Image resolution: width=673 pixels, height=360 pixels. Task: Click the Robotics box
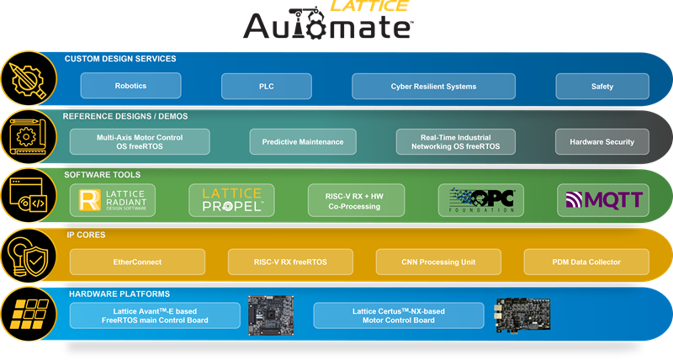(x=130, y=86)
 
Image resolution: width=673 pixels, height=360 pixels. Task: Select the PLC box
(x=266, y=86)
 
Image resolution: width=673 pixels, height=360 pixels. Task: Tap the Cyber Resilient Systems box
(x=433, y=86)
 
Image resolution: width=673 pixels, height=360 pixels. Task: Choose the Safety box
(x=601, y=86)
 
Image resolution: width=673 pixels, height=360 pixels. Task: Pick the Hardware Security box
(x=601, y=142)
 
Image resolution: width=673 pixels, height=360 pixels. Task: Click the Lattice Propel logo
(x=231, y=199)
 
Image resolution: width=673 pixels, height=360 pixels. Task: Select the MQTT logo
(x=603, y=199)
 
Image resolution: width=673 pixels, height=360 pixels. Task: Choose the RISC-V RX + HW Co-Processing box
(x=356, y=199)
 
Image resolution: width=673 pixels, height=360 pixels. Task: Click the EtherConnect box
(x=137, y=262)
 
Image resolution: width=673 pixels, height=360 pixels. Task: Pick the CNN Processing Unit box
(x=432, y=262)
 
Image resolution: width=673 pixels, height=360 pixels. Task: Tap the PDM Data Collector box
(x=586, y=262)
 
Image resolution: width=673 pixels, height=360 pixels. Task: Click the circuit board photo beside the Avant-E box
(x=270, y=315)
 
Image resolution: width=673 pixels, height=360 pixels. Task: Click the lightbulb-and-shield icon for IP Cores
(x=25, y=254)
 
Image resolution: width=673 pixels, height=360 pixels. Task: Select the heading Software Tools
(x=103, y=175)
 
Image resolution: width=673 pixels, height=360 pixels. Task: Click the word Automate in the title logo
(x=327, y=25)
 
